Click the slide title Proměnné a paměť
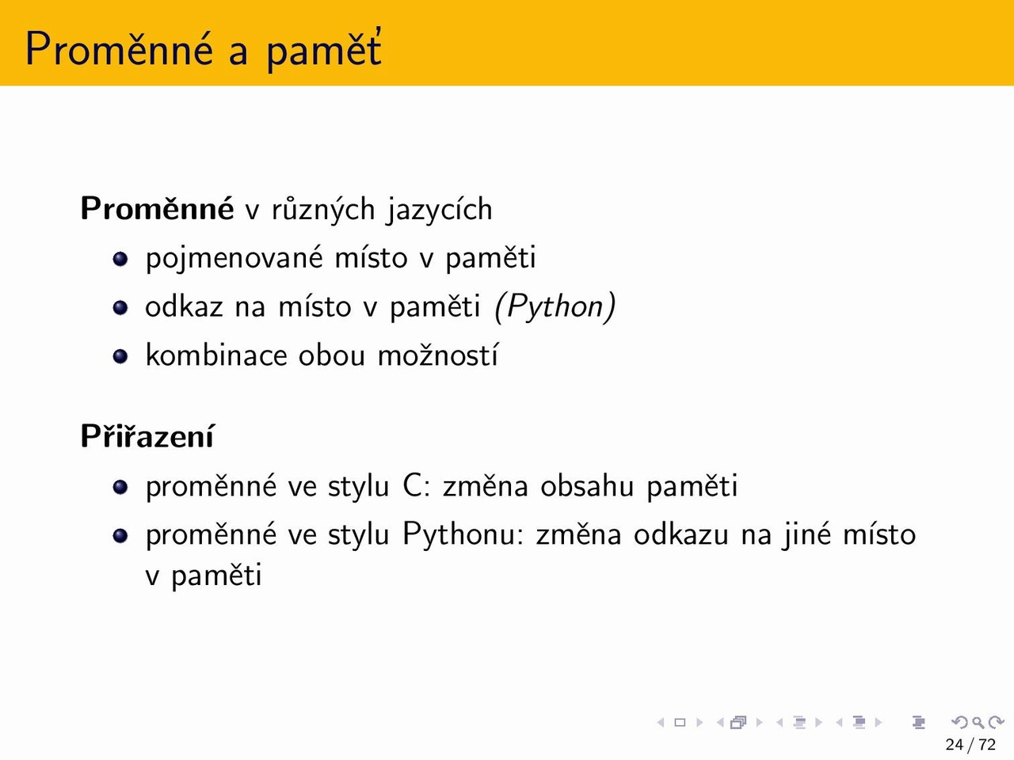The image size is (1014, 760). pos(204,50)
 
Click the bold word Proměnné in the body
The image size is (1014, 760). pos(157,209)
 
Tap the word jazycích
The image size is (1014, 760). pos(440,211)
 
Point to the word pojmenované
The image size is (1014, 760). pos(234,258)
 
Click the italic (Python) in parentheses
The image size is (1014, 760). pos(555,306)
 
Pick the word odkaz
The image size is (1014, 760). pos(184,306)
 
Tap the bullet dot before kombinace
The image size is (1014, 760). pos(120,356)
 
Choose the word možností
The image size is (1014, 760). pos(438,355)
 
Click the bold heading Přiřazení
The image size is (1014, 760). pos(147,436)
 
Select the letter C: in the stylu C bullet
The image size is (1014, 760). pos(417,486)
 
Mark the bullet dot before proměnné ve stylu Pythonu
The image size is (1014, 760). pos(120,536)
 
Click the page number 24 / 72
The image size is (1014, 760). pos(970,745)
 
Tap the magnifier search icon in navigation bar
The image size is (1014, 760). pos(978,722)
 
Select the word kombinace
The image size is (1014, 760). pos(216,355)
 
